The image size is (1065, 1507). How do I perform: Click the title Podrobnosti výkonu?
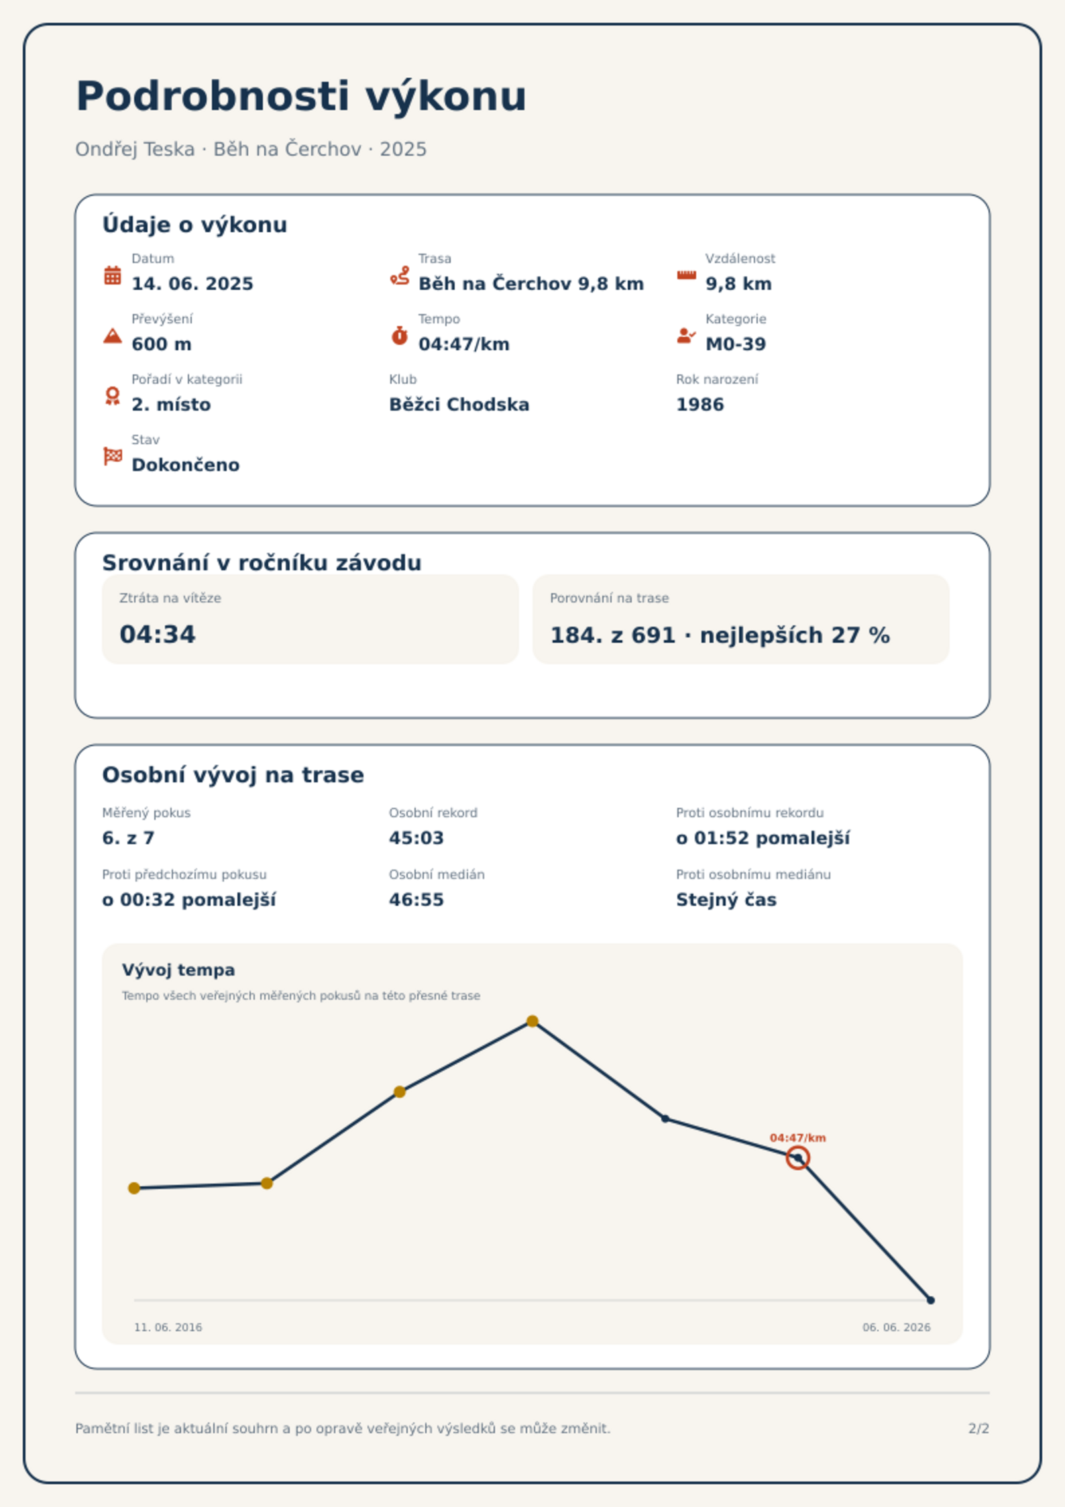tap(301, 97)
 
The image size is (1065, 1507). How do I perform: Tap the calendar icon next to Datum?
tap(113, 275)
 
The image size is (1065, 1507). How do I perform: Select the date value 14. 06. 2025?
tap(192, 284)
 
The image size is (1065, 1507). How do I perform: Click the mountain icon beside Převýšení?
tap(113, 335)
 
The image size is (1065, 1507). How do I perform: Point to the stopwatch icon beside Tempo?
tap(400, 335)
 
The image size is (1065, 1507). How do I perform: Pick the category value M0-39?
tap(736, 344)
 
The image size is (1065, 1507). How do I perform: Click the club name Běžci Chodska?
tap(459, 405)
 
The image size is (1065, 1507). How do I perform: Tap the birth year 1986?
tap(700, 405)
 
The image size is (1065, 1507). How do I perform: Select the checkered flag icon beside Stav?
tap(113, 456)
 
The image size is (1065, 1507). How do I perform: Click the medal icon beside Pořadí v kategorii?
tap(113, 396)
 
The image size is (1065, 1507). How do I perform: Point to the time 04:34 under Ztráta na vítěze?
tap(158, 635)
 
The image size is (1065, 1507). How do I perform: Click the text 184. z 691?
tap(613, 635)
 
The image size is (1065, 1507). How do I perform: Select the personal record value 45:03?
tap(416, 838)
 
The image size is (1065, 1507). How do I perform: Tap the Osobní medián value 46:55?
tap(416, 900)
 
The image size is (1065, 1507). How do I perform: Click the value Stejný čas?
tap(726, 900)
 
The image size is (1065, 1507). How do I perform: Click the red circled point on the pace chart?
tap(798, 1158)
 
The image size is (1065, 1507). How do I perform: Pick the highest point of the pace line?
tap(532, 1021)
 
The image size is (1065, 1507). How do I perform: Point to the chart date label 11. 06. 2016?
tap(168, 1327)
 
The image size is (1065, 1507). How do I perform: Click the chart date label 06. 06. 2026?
tap(897, 1327)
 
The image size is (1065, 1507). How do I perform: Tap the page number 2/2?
tap(979, 1428)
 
